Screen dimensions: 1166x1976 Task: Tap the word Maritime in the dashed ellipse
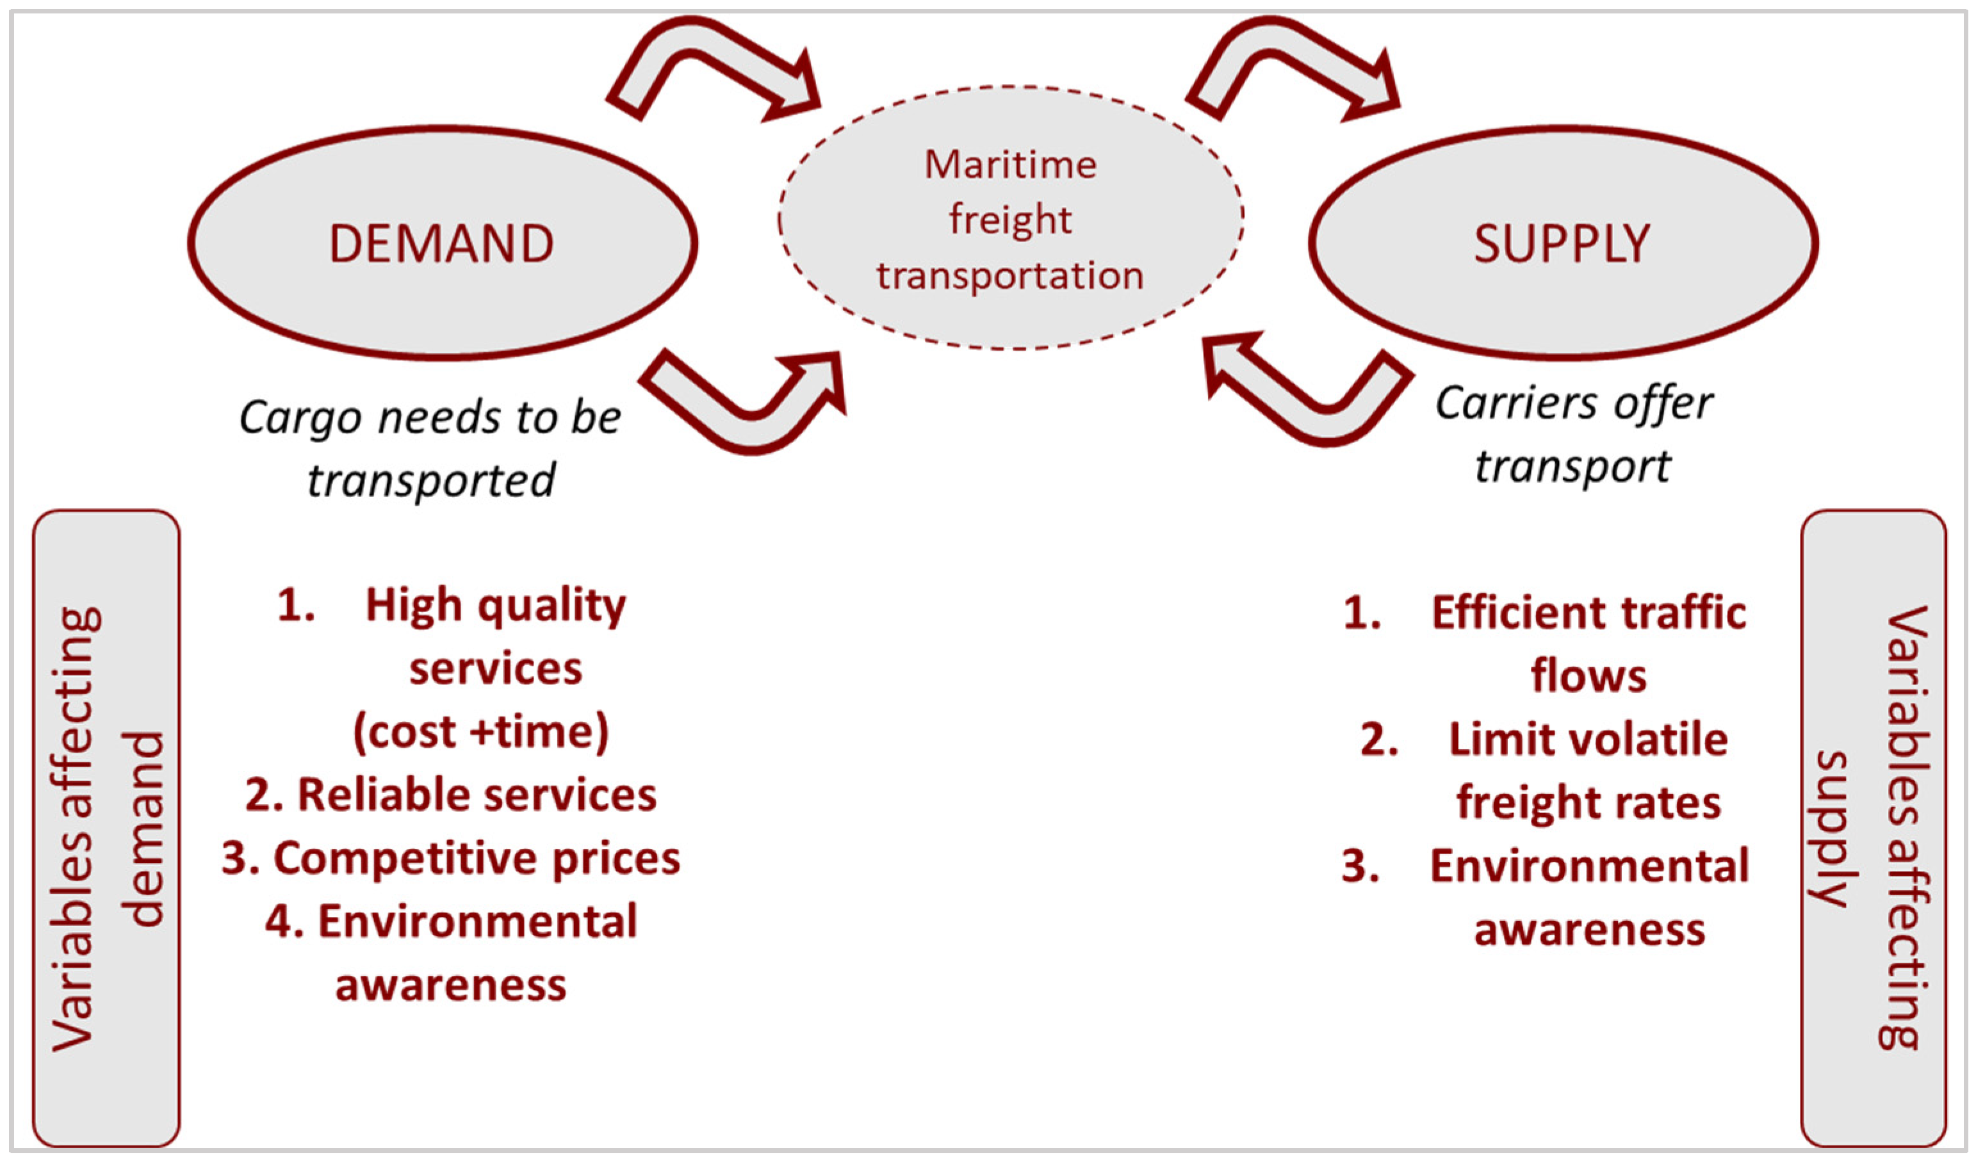[1010, 165]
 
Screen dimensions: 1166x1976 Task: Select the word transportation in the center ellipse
[1010, 277]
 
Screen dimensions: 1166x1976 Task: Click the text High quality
[495, 606]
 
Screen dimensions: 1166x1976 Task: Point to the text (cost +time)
[480, 733]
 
